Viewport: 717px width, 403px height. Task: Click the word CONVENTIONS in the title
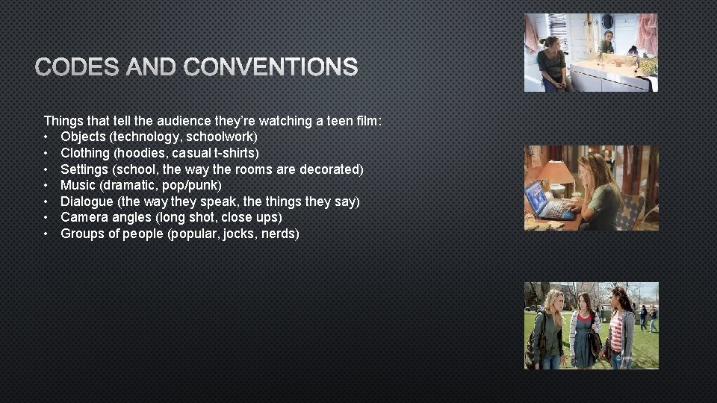click(x=270, y=68)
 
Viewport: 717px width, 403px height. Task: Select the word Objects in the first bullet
click(x=83, y=137)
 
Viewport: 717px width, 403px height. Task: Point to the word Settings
click(x=84, y=169)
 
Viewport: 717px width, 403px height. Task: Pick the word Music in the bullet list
click(x=78, y=185)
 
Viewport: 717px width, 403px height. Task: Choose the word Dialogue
click(x=86, y=201)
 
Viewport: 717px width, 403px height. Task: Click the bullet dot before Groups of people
click(x=46, y=234)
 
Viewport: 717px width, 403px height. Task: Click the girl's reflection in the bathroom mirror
click(x=608, y=41)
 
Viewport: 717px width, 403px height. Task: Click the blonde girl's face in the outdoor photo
click(x=556, y=301)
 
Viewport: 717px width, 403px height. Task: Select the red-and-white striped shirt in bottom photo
click(x=617, y=332)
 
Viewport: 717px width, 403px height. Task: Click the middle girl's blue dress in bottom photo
click(x=583, y=336)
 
